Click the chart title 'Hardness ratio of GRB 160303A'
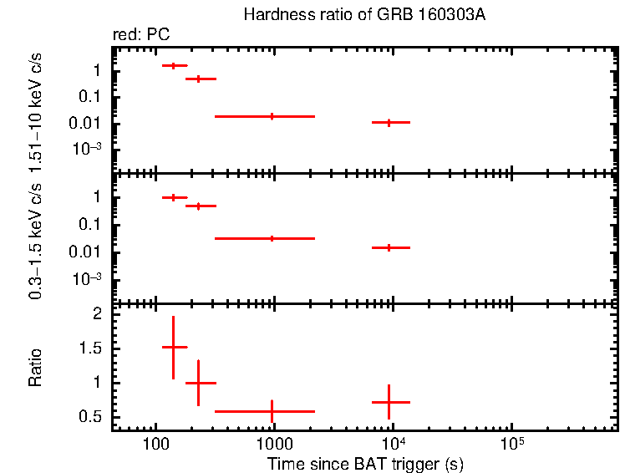[363, 15]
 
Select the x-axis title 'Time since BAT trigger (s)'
[365, 463]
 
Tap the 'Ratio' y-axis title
[36, 368]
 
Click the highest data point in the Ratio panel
[173, 347]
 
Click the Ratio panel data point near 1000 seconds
[272, 411]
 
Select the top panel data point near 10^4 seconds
[389, 122]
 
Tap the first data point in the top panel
[173, 65]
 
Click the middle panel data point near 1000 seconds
[272, 238]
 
